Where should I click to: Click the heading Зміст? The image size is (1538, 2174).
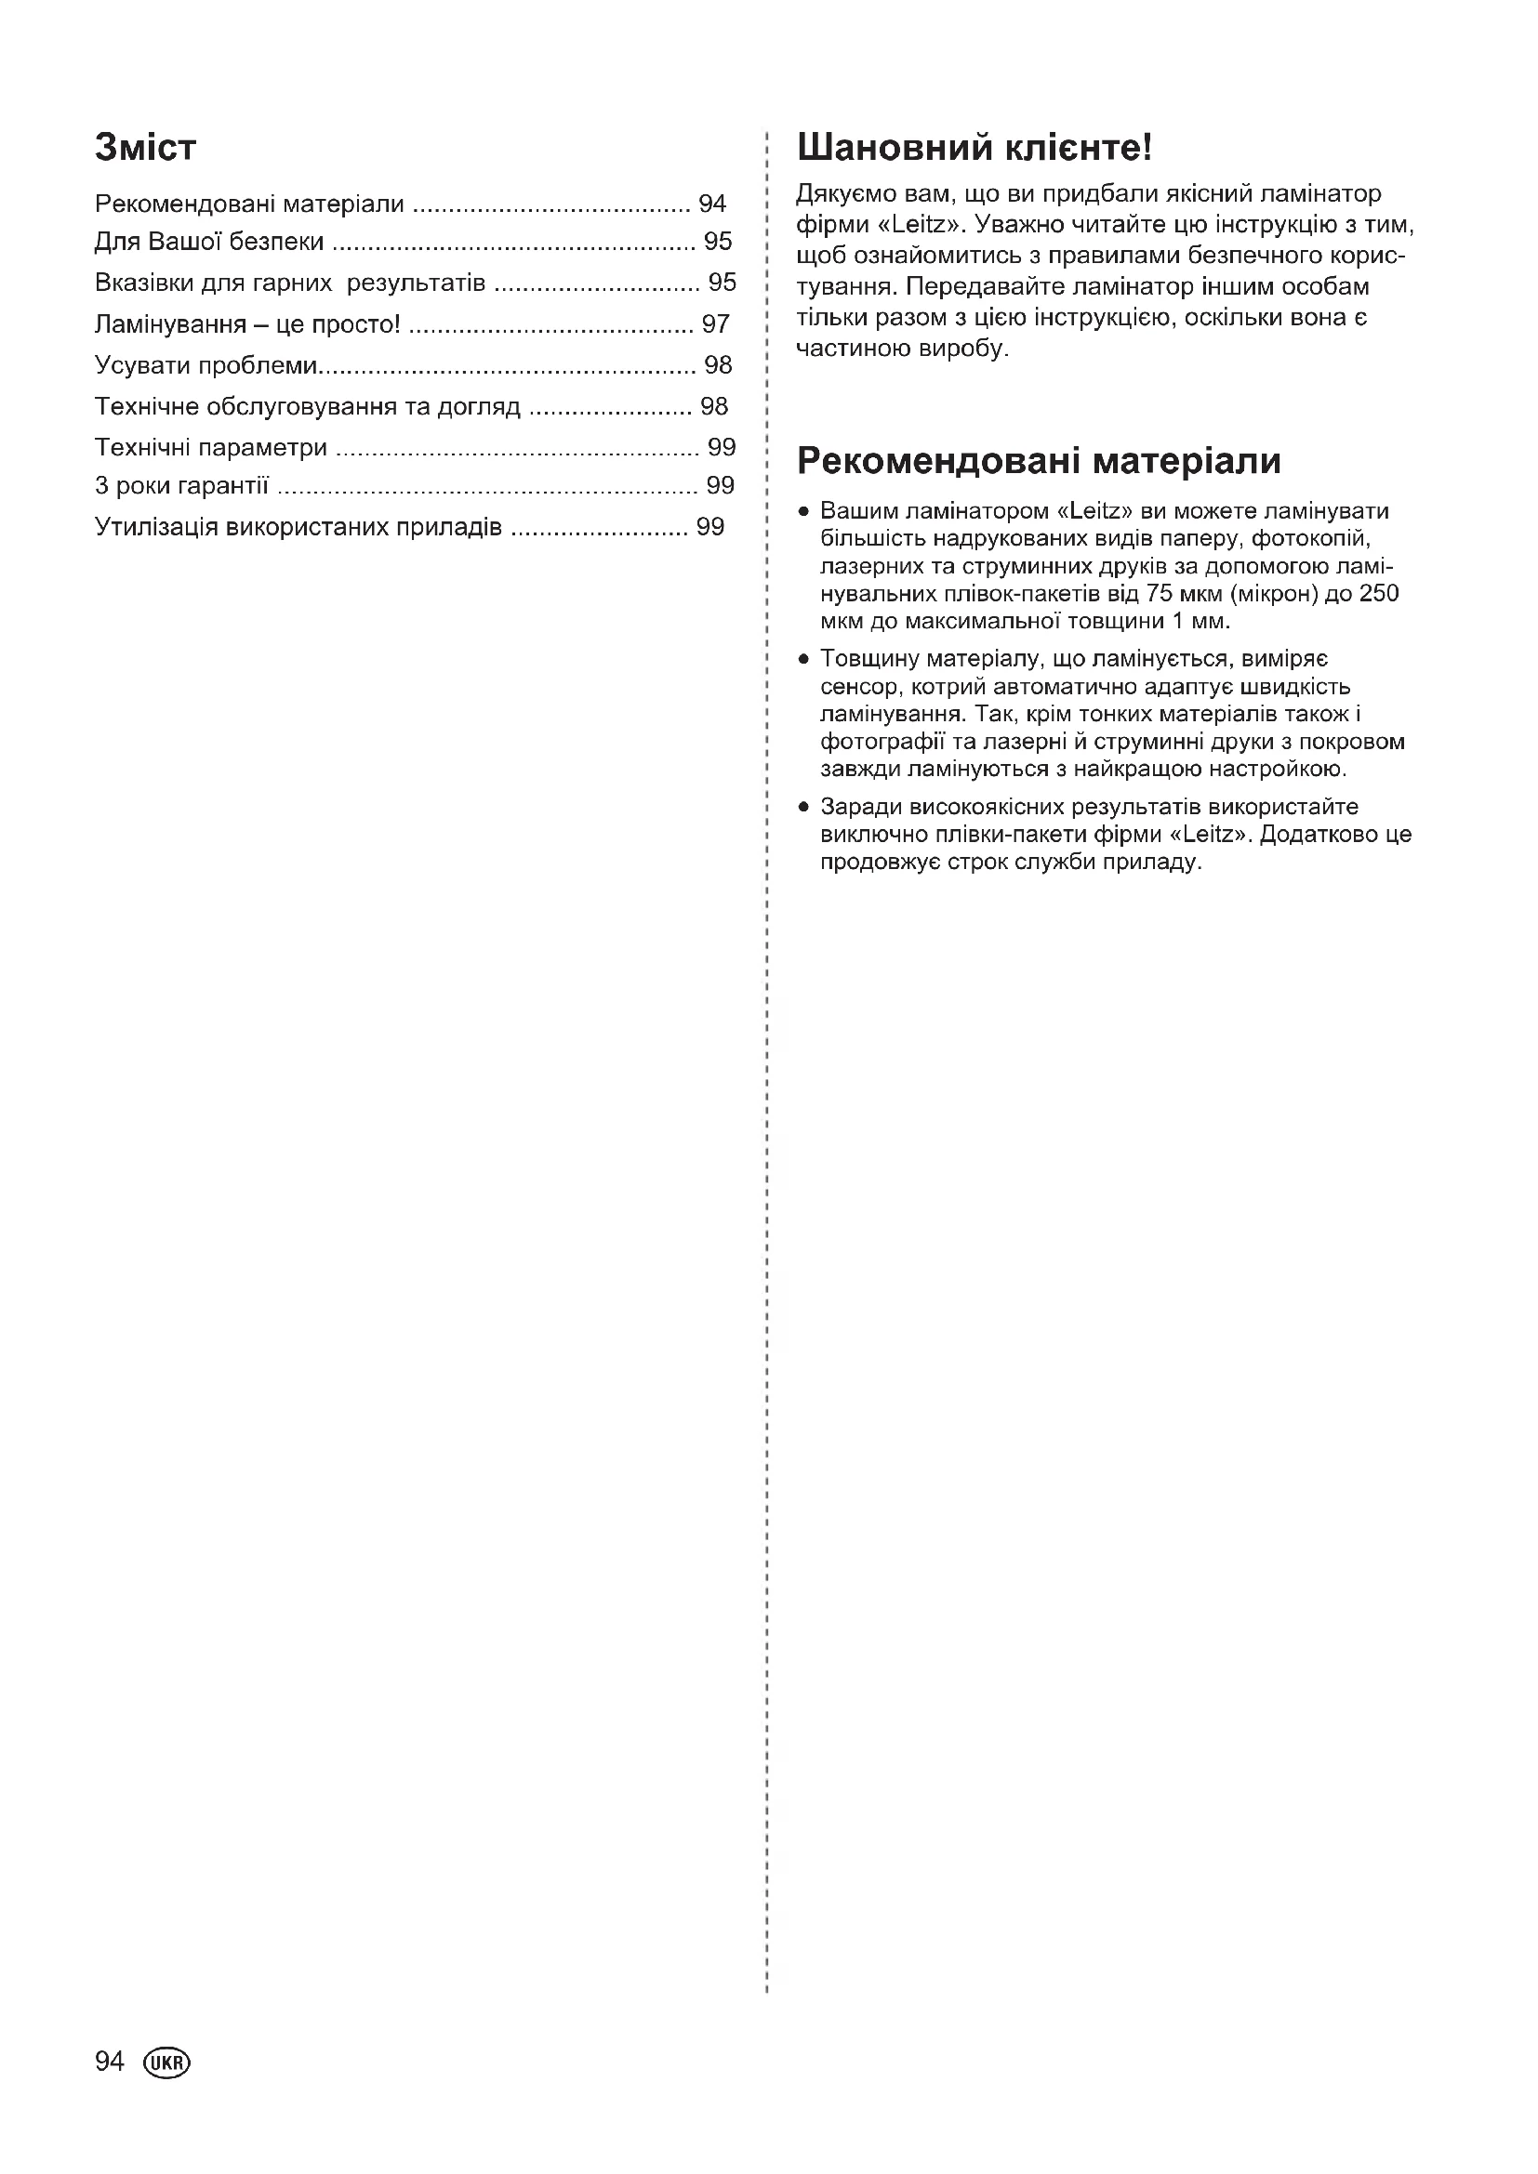pos(146,148)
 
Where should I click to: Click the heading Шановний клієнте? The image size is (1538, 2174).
pos(974,148)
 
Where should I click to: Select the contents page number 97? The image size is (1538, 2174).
pos(715,324)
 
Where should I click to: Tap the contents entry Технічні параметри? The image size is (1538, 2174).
pos(211,447)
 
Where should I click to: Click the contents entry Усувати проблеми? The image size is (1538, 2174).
pos(206,365)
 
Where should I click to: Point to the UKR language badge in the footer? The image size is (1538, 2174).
pos(166,2063)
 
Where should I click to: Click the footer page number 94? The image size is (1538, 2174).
pos(109,2062)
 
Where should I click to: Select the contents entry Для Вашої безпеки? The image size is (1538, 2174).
pos(209,243)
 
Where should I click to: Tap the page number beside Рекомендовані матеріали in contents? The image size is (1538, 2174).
pos(711,204)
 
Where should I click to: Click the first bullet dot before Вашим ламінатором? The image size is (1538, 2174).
pos(803,512)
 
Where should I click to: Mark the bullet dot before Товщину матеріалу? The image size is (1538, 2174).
pos(803,659)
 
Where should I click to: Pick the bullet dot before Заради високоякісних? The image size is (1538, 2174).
pos(803,808)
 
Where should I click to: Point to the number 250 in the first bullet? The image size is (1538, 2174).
pos(1379,594)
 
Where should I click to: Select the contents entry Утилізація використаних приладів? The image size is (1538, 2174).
pos(298,527)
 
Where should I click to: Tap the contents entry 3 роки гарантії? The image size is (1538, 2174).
pos(182,486)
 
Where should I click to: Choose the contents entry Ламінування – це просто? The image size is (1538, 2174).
pos(247,324)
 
